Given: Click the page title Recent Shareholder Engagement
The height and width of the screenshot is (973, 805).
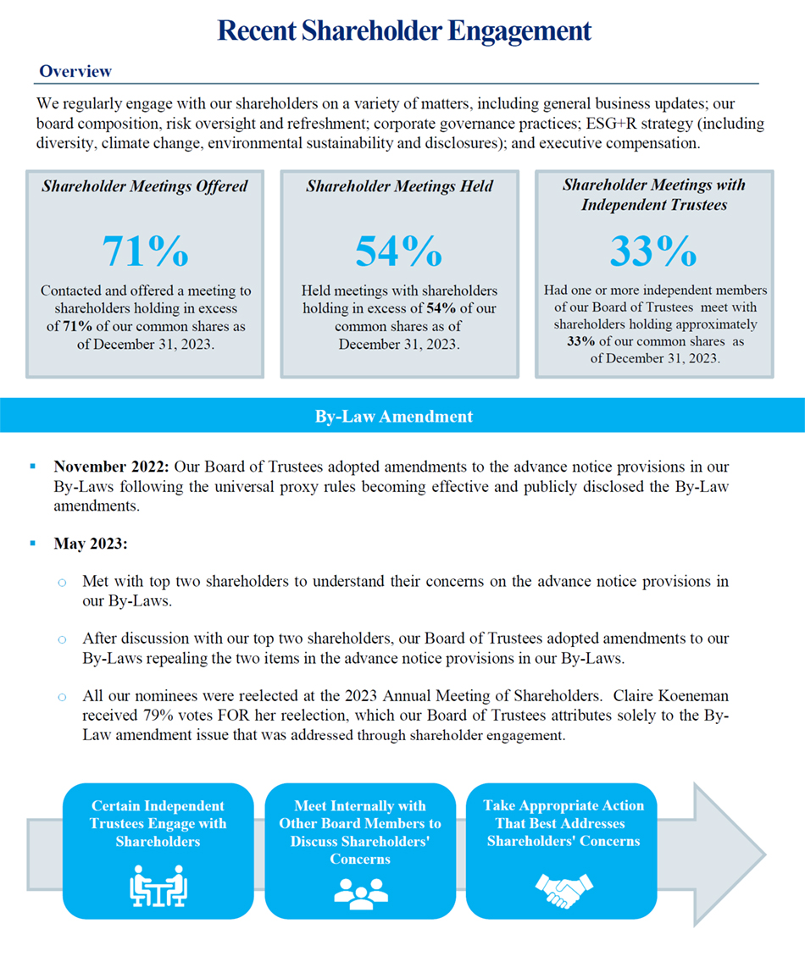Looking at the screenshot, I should [x=404, y=31].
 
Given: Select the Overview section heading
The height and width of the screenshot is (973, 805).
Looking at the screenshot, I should [x=75, y=72].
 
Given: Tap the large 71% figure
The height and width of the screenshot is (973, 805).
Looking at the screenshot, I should [x=145, y=250].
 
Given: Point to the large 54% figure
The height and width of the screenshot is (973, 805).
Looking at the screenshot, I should [x=398, y=250].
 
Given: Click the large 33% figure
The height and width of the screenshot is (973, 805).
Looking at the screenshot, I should [x=653, y=250].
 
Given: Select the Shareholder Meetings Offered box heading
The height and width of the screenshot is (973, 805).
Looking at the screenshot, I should [x=145, y=185].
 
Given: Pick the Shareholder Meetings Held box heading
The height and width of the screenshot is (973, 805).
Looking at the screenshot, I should [x=399, y=185].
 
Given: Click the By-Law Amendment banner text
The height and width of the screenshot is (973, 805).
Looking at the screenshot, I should [x=394, y=417].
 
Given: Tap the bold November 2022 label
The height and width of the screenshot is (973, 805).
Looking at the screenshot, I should [x=112, y=467].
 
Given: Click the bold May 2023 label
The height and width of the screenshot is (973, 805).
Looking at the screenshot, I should [x=91, y=544].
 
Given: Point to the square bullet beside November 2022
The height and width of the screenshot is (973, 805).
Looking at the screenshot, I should [x=33, y=467].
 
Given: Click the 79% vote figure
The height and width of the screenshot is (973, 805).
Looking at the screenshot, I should [x=145, y=716].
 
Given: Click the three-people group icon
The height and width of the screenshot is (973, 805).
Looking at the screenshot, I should [x=360, y=891].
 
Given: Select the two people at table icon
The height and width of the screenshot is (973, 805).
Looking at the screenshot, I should [x=158, y=887].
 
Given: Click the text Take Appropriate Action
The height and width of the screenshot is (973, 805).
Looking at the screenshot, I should [x=563, y=805].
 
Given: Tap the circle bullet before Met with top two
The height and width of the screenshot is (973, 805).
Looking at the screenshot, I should [x=62, y=583].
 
